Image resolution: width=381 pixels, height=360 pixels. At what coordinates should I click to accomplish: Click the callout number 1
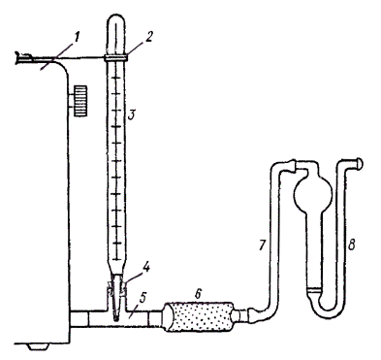[x=77, y=38]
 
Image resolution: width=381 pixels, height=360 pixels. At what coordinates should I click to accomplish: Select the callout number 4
[x=146, y=268]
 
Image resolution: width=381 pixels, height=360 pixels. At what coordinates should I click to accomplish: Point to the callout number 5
[x=143, y=299]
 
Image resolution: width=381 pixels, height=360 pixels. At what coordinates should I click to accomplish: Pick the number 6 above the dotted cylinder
[x=198, y=294]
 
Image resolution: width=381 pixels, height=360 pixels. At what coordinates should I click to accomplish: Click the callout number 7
[x=262, y=245]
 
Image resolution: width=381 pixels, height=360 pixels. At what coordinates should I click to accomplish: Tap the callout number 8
[x=351, y=245]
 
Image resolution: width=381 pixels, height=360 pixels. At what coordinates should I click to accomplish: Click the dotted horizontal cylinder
[x=198, y=317]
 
